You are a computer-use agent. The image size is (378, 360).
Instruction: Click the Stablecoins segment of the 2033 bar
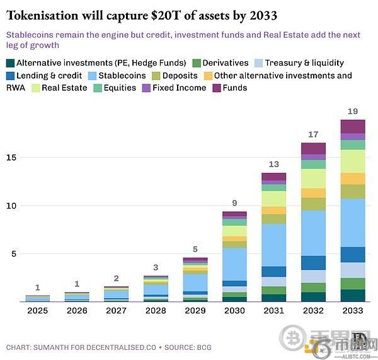coord(353,223)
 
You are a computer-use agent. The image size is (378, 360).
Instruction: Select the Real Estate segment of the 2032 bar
coord(313,178)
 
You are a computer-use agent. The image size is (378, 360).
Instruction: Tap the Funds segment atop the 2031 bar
coord(274,177)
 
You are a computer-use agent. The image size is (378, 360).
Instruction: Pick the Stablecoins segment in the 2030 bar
coord(234,264)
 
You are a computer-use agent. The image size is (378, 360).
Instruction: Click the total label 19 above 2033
coord(353,112)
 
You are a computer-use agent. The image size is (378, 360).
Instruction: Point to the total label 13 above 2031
coord(274,165)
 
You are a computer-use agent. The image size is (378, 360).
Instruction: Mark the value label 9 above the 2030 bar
coord(234,203)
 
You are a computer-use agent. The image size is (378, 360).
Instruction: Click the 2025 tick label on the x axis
coord(37,310)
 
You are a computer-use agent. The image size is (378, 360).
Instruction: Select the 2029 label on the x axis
coord(195,310)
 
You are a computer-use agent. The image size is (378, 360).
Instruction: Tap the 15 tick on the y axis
coord(12,157)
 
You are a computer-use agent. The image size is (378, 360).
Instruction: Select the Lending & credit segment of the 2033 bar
coord(353,254)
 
